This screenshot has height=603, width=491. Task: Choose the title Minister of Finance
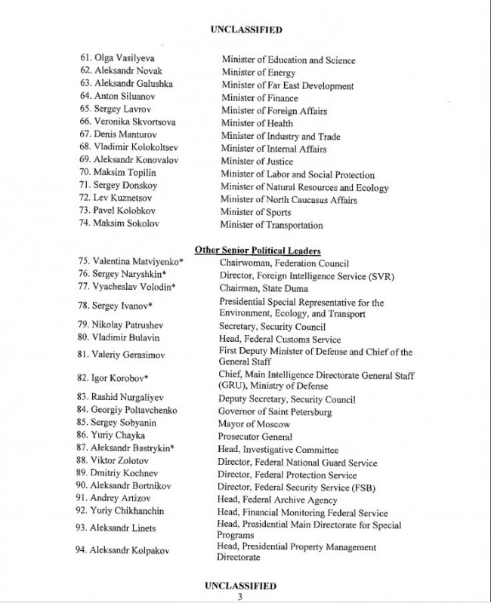point(259,97)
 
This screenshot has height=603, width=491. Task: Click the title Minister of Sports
point(257,212)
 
